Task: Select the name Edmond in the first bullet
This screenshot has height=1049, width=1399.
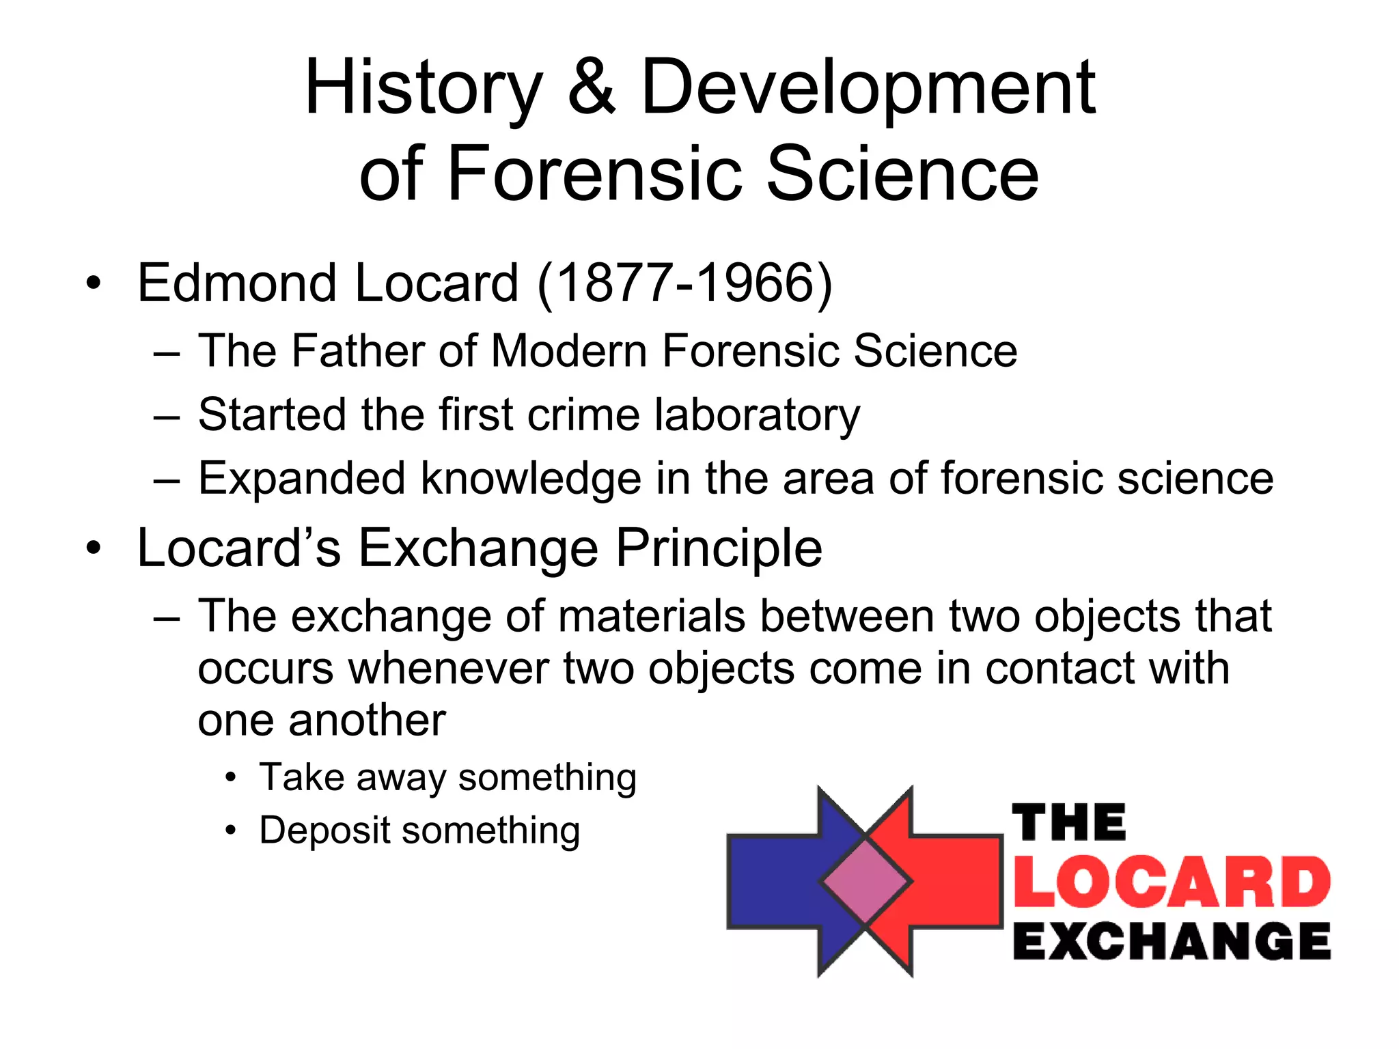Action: (236, 283)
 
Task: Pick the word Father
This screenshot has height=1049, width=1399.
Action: (359, 351)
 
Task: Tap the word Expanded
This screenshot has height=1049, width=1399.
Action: (301, 478)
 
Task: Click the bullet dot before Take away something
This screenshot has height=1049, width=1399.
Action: (232, 778)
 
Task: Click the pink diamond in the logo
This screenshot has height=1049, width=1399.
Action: (866, 882)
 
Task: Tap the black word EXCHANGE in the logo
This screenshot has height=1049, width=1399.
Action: (1172, 941)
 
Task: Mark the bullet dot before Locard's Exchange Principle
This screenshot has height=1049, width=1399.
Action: (94, 548)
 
